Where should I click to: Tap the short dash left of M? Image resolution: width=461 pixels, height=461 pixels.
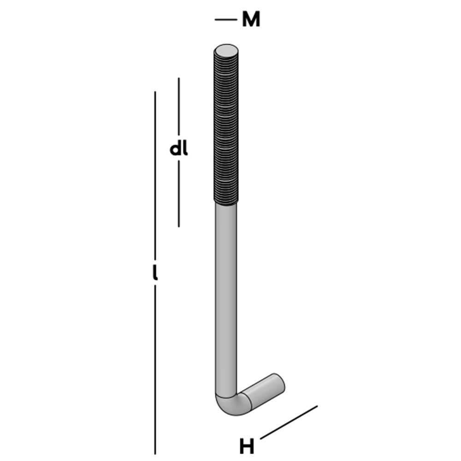tap(225, 20)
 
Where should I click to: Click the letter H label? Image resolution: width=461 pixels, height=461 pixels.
tap(247, 446)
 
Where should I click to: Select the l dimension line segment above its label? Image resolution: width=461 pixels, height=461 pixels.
tap(155, 175)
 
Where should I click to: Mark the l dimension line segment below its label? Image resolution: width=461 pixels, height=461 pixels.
tap(155, 369)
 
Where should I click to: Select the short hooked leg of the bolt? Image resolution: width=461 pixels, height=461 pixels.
tap(263, 390)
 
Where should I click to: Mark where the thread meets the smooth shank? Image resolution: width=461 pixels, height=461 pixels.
tap(226, 203)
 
